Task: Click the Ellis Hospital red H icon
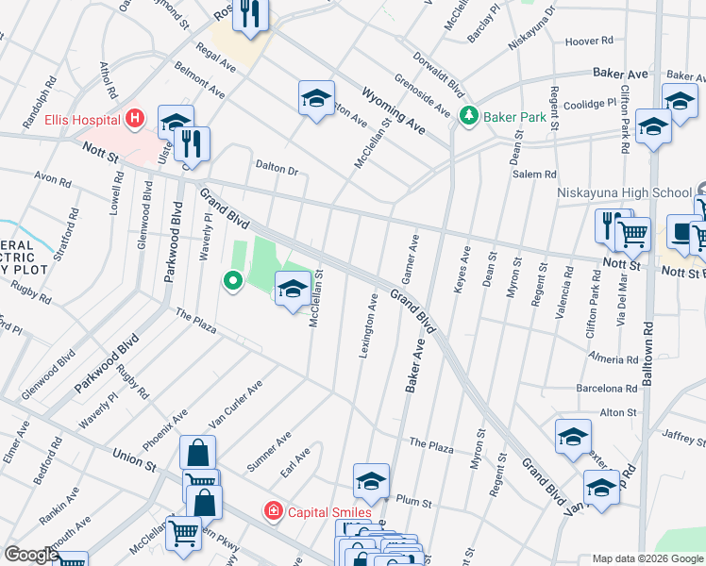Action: pyautogui.click(x=135, y=119)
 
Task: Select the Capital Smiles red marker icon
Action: pyautogui.click(x=274, y=511)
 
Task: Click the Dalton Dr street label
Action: pyautogui.click(x=277, y=171)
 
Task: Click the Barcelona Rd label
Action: pyautogui.click(x=607, y=388)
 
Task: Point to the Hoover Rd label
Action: pyautogui.click(x=589, y=42)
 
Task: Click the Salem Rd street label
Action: pyautogui.click(x=534, y=175)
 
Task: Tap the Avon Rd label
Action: pyautogui.click(x=52, y=178)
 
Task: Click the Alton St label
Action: pyautogui.click(x=618, y=412)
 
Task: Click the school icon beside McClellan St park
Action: pyautogui.click(x=293, y=286)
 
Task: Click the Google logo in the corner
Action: pyautogui.click(x=31, y=555)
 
